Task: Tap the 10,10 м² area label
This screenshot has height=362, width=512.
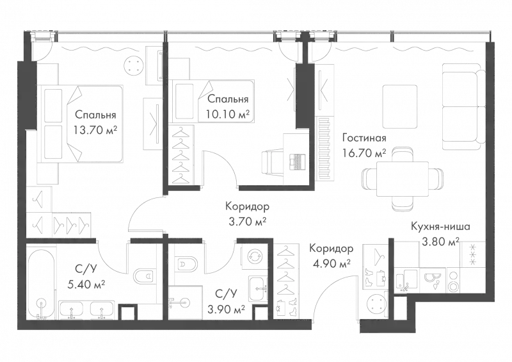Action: pyautogui.click(x=227, y=115)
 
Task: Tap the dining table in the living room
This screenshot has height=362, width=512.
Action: pyautogui.click(x=401, y=179)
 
